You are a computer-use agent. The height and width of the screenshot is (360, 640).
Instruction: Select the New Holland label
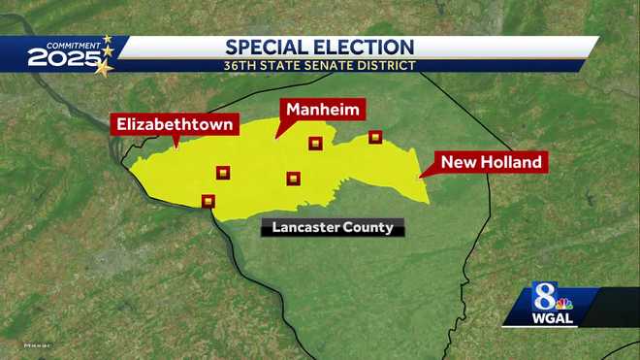click(x=491, y=162)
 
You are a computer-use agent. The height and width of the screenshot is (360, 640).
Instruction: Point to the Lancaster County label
click(x=333, y=228)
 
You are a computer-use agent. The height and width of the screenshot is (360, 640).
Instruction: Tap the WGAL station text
click(x=551, y=318)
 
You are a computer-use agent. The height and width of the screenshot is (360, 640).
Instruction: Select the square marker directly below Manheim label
click(x=314, y=144)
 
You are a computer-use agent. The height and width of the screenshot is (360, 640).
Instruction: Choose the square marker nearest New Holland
click(x=375, y=137)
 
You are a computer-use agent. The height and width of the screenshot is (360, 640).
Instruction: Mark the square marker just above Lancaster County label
click(x=293, y=178)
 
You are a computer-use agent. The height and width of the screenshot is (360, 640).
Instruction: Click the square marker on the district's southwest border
click(x=208, y=201)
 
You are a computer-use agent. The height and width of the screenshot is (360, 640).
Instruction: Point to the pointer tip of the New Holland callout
click(x=418, y=179)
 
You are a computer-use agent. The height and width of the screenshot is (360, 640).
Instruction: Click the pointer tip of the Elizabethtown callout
click(x=176, y=147)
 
